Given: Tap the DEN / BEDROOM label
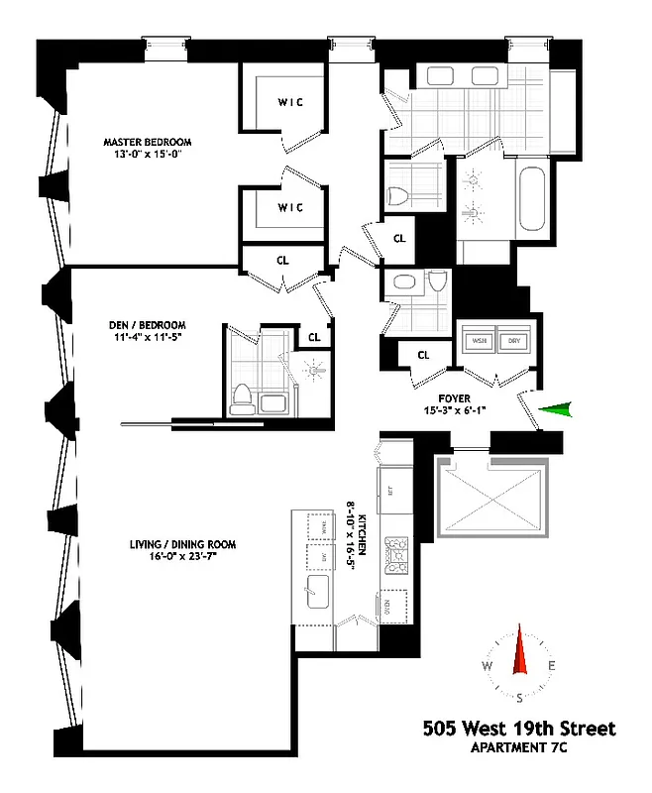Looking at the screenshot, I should point(148,325).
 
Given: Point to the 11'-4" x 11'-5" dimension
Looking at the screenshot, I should point(148,338).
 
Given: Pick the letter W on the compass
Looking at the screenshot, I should point(488,665).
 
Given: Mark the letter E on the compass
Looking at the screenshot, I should point(551,665).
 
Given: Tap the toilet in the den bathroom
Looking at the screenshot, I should point(239,398).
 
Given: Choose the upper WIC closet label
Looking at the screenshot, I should point(289,100).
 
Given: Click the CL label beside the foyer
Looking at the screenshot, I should point(422,355).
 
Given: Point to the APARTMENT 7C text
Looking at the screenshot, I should point(548,746).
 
